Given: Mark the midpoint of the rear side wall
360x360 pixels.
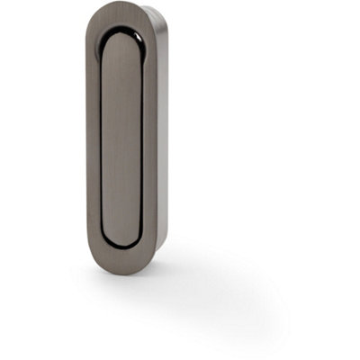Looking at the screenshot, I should (163, 135).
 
